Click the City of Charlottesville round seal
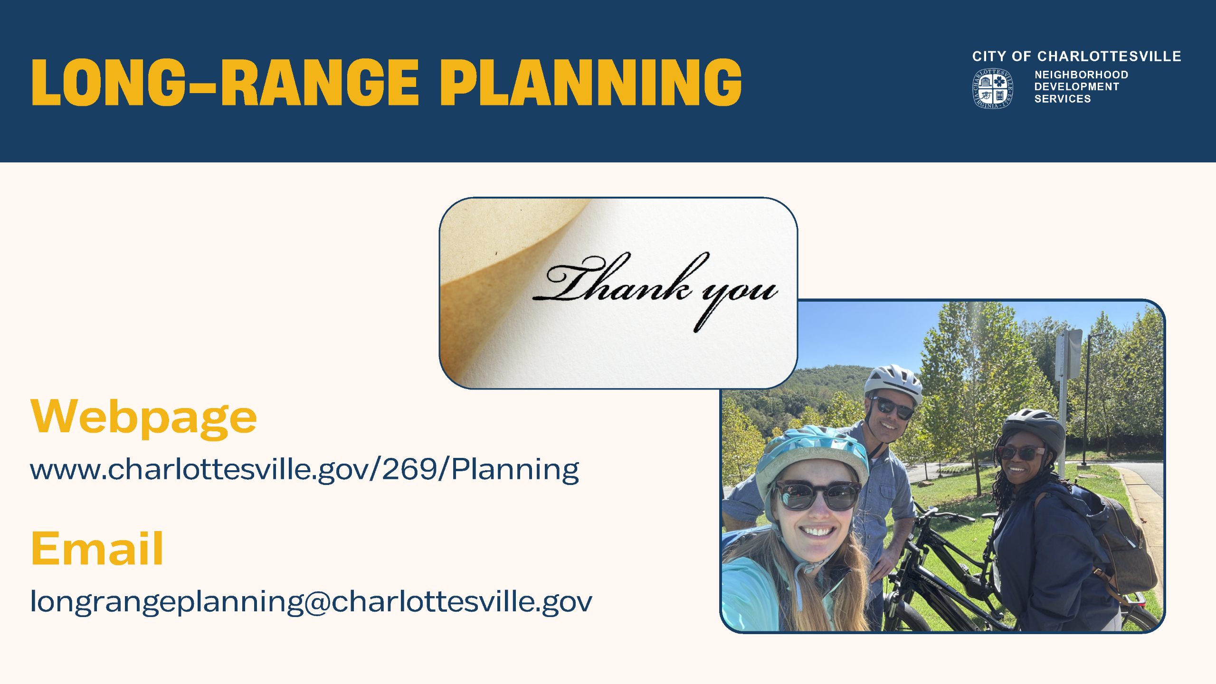pyautogui.click(x=992, y=88)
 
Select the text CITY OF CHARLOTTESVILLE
pyautogui.click(x=1076, y=57)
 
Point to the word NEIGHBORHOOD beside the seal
pyautogui.click(x=1081, y=75)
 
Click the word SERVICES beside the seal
pyautogui.click(x=1063, y=99)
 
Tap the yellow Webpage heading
pyautogui.click(x=143, y=418)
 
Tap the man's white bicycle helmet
pyautogui.click(x=894, y=383)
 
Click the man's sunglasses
pyautogui.click(x=893, y=407)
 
